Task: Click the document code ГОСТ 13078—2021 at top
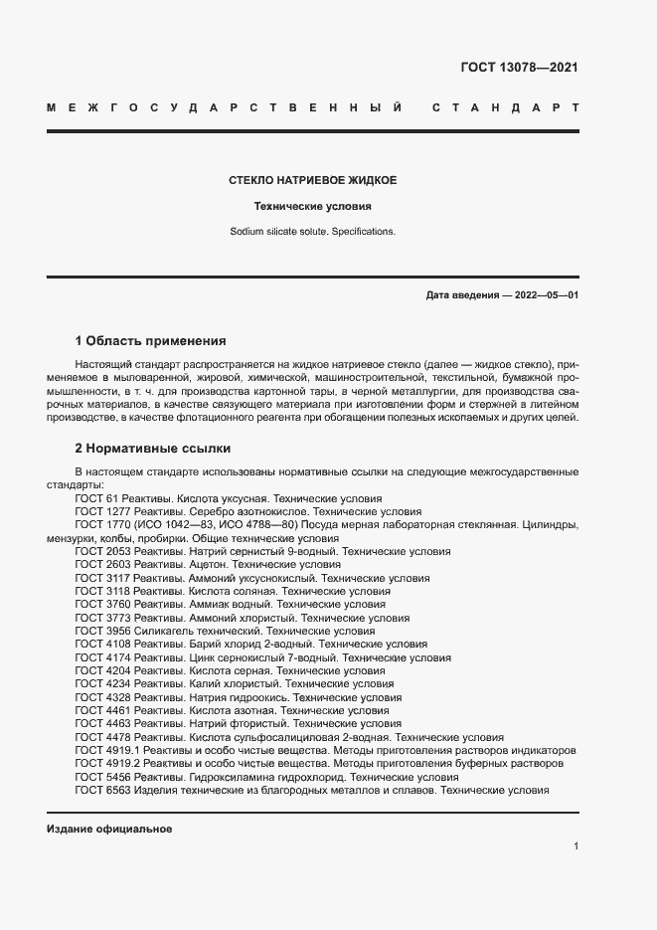coord(519,68)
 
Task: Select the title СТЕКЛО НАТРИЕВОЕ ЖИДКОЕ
coord(313,181)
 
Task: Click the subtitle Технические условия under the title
coord(312,207)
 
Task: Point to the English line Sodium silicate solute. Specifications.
coord(312,231)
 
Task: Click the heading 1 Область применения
coord(150,340)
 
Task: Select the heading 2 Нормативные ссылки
coord(152,448)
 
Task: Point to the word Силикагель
coord(163,631)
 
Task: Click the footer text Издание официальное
coord(109,830)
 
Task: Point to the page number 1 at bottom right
coord(575,845)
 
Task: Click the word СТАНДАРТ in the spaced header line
coord(507,106)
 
